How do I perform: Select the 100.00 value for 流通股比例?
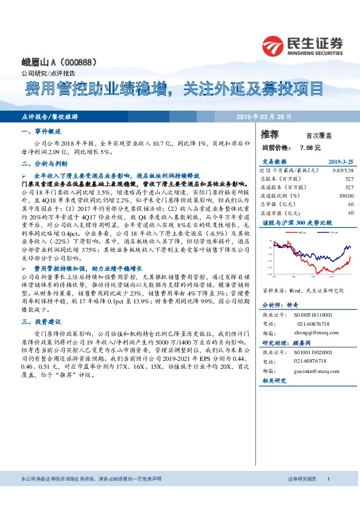(346, 196)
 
